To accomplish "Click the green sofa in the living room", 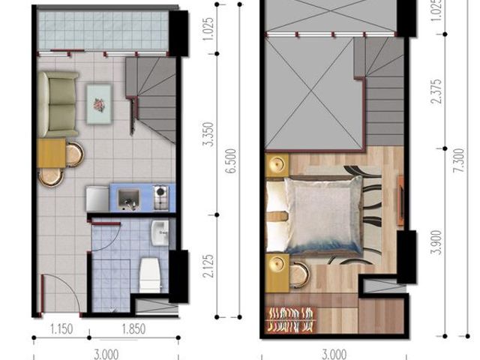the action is click(x=58, y=104).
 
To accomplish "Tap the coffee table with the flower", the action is click(x=99, y=104).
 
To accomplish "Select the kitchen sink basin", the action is click(x=128, y=199).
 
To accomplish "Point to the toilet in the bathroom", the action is click(x=151, y=275).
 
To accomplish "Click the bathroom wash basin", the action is click(x=160, y=233).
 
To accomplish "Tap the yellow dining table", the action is click(x=52, y=153).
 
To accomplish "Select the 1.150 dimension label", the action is click(x=61, y=329).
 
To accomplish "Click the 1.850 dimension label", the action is click(x=133, y=329).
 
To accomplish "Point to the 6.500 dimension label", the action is click(x=231, y=161).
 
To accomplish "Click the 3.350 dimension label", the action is click(x=208, y=135).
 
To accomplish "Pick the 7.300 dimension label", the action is click(x=459, y=161).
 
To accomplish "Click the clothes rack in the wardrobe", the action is click(x=291, y=320).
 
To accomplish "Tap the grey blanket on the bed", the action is click(x=324, y=216).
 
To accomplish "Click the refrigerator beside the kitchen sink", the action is click(x=97, y=199).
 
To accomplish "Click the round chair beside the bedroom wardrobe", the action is click(x=300, y=275).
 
